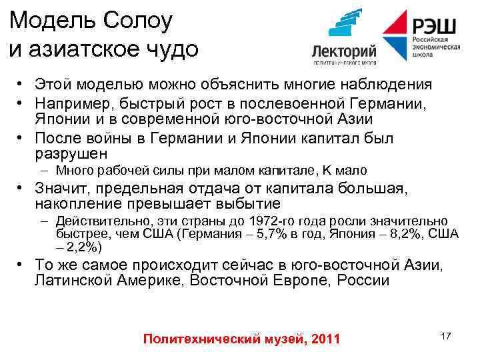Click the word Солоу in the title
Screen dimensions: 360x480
pyautogui.click(x=135, y=21)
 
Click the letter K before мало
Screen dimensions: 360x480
pyautogui.click(x=326, y=171)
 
